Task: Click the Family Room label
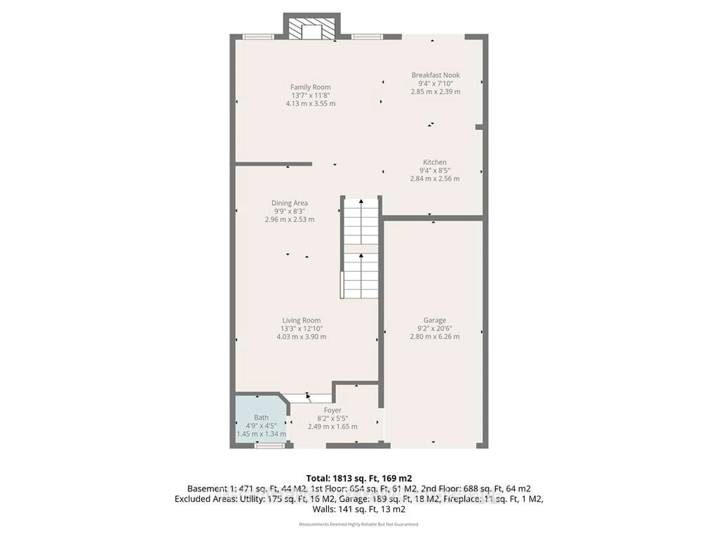point(310,87)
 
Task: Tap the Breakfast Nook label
point(435,75)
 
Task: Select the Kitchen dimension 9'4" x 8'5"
point(435,170)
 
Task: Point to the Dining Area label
point(289,203)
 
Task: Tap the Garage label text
point(434,320)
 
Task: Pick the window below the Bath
point(269,446)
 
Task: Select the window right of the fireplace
point(367,37)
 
